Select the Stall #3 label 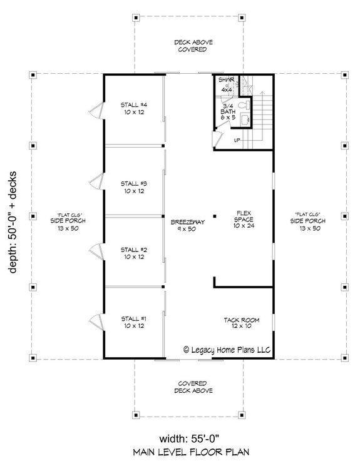[x=135, y=187]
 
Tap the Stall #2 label [x=135, y=252]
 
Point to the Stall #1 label [x=135, y=323]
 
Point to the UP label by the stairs [x=237, y=140]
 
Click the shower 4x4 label [x=227, y=85]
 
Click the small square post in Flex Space [x=214, y=216]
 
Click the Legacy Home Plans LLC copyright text [x=227, y=351]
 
